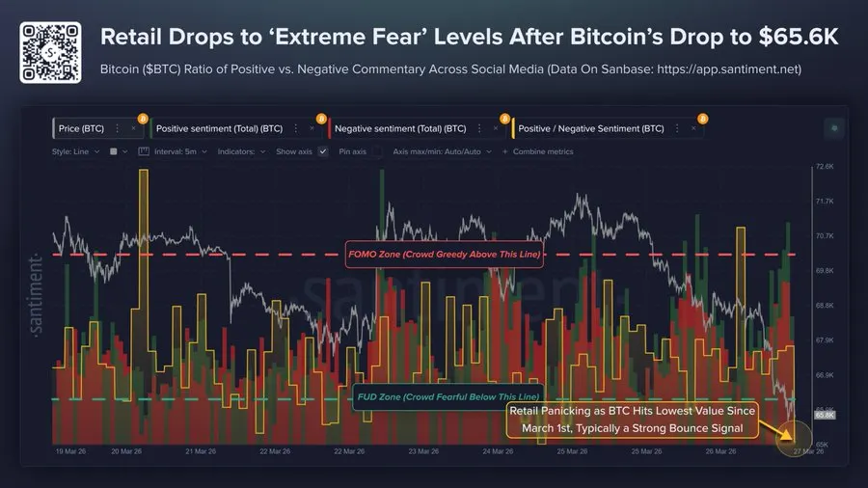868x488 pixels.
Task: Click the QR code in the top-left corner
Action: [45, 43]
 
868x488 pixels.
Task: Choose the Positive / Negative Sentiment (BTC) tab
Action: [590, 127]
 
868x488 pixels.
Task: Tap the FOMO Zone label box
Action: [444, 255]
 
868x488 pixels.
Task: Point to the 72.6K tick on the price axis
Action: [825, 167]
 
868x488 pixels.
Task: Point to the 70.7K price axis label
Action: [825, 236]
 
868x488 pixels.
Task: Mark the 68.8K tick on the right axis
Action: [825, 306]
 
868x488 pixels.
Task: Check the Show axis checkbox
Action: [323, 151]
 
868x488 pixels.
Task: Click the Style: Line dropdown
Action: [77, 151]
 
